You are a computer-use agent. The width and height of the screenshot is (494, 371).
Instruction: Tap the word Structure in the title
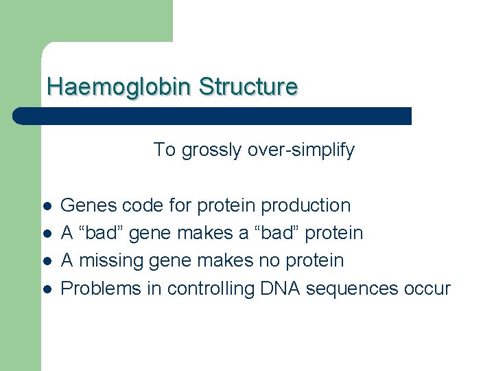tap(248, 87)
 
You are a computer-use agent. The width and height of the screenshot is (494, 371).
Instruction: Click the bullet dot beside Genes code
tap(46, 206)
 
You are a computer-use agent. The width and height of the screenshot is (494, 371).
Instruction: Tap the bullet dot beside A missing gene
tap(46, 261)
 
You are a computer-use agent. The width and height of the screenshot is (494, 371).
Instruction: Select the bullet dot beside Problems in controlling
tap(46, 289)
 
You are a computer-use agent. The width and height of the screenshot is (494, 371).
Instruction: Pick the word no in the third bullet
tap(272, 260)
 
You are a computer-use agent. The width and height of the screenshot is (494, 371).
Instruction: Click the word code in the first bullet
tap(135, 205)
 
